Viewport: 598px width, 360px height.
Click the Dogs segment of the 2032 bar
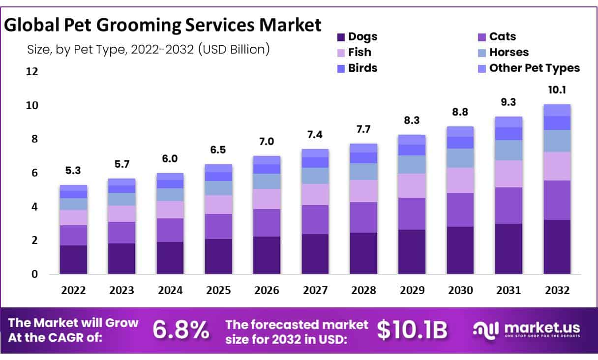[x=557, y=247]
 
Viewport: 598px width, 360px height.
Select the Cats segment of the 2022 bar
[x=73, y=235]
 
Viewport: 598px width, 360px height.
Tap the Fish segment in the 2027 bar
[x=315, y=195]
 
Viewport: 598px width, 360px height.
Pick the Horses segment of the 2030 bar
[x=460, y=158]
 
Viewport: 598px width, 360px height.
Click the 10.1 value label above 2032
[x=557, y=90]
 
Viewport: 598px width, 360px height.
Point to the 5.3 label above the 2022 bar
[x=73, y=171]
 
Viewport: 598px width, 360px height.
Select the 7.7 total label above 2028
[x=363, y=129]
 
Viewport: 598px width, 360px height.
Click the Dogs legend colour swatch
[x=341, y=37]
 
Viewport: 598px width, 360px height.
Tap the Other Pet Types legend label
[x=534, y=68]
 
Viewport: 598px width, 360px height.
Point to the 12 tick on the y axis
[x=32, y=72]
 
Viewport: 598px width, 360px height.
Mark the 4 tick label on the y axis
[x=34, y=207]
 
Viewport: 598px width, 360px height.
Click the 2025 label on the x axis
[x=218, y=291]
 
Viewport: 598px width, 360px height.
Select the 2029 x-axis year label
[x=412, y=291]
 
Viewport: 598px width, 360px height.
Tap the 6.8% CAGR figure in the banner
[x=180, y=330]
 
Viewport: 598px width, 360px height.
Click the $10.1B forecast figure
[x=413, y=330]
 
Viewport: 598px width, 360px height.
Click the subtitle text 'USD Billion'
[x=234, y=50]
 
